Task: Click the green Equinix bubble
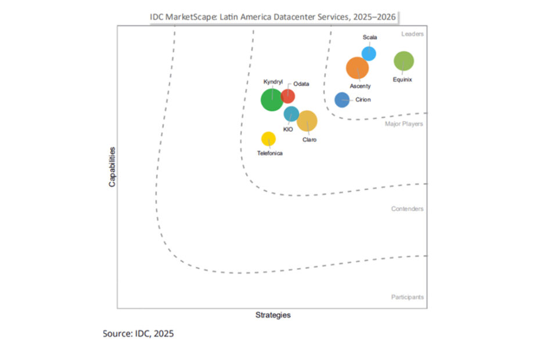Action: coord(404,61)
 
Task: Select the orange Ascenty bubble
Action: coord(357,68)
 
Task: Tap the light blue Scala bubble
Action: coord(369,53)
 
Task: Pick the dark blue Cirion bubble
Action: coord(342,100)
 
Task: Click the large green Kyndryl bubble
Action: coord(272,100)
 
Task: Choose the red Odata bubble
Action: coord(287,96)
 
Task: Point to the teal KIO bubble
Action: coord(291,114)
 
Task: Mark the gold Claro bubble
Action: coord(307,121)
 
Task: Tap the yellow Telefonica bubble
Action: coord(268,139)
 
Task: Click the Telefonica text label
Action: coord(270,153)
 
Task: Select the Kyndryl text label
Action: coord(273,82)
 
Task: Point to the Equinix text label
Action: coord(402,80)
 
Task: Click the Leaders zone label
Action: coord(412,34)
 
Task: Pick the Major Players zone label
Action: coord(404,124)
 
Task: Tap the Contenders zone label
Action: coord(407,209)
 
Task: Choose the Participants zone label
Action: coord(407,297)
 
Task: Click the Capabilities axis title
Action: coord(112,167)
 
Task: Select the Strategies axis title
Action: coord(273,315)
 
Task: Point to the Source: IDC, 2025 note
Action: coord(138,334)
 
